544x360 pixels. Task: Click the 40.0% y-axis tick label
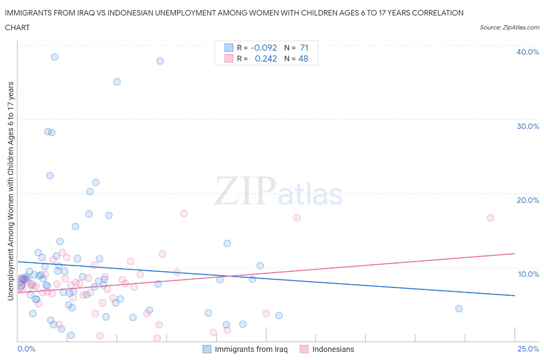tap(527, 52)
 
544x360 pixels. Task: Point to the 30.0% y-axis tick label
tap(527, 126)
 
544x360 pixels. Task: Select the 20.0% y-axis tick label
tap(527, 200)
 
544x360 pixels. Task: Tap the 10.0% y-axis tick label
tap(528, 274)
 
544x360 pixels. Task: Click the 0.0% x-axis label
tap(27, 349)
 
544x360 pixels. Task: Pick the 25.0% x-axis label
tap(528, 349)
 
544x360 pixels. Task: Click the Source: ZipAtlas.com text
tap(509, 27)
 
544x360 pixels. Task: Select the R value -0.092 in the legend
tap(264, 48)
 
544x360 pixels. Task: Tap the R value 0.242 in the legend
tap(266, 58)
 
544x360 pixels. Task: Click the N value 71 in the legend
tap(304, 48)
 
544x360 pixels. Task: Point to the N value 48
tap(303, 58)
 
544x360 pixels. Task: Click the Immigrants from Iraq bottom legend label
tap(251, 349)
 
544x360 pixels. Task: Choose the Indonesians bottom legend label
tap(333, 349)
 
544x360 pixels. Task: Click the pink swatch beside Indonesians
tap(304, 349)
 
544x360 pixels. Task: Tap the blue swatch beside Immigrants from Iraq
tap(207, 349)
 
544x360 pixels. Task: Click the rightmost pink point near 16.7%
tap(490, 218)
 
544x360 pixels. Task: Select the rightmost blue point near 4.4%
tap(459, 309)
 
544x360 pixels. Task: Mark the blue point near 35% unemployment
tap(117, 82)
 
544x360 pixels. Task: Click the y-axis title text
tap(10, 191)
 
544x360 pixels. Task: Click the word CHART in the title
tap(17, 27)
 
